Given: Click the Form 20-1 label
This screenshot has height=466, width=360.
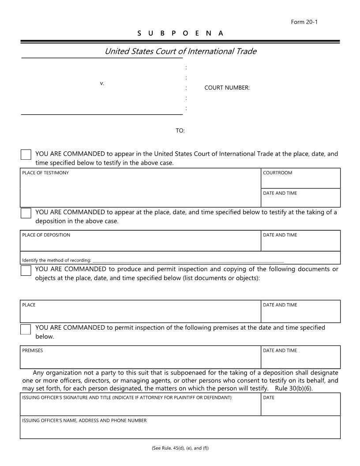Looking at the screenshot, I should tap(304, 22).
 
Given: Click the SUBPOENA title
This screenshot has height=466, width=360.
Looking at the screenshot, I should tap(180, 33).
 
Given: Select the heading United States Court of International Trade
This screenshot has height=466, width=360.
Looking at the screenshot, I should tap(180, 51).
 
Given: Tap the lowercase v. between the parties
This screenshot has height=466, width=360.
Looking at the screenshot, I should tap(102, 83).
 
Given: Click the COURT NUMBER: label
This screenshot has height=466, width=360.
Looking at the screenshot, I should tap(227, 88).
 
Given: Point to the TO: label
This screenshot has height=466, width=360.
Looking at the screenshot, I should tap(180, 131).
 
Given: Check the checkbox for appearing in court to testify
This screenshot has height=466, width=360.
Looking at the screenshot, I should tap(26, 154).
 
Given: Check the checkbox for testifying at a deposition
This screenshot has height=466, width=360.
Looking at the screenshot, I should tap(26, 213).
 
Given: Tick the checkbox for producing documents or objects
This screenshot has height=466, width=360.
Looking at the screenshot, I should tap(26, 270).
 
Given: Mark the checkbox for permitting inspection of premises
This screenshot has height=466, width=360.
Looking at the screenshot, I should tap(26, 329).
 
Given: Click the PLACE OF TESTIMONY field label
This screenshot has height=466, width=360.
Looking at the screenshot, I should tap(45, 173).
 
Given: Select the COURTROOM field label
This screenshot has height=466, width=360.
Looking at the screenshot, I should tap(277, 173).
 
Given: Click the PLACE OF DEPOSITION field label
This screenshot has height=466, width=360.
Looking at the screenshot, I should tap(46, 235).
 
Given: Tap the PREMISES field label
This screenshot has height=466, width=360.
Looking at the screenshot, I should tap(33, 350).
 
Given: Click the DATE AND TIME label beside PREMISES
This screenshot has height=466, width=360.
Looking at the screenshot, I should tap(280, 350).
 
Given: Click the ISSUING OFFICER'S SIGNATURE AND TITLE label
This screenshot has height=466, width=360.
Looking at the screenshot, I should tap(127, 398).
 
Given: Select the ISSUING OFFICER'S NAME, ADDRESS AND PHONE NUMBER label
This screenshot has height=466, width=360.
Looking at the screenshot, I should tap(84, 421).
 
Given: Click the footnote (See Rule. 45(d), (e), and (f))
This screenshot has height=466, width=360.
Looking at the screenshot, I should tap(180, 448).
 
